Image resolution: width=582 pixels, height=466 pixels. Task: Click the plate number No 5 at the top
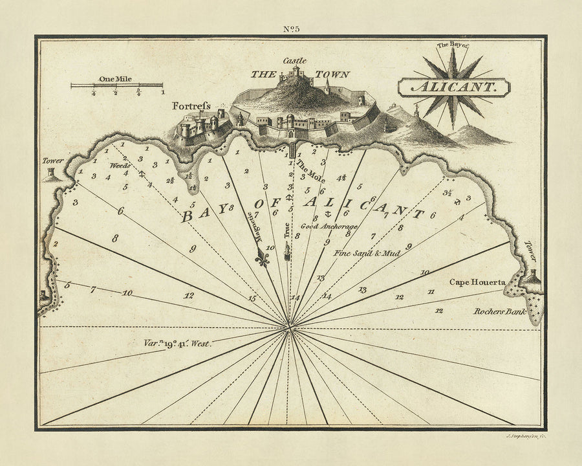pyautogui.click(x=291, y=28)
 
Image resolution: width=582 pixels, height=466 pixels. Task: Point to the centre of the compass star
pyautogui.click(x=453, y=88)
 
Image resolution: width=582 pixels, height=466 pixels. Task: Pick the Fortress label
pyautogui.click(x=191, y=105)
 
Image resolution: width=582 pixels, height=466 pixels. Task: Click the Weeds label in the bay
pyautogui.click(x=120, y=166)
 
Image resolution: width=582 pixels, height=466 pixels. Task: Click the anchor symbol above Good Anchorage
pyautogui.click(x=327, y=213)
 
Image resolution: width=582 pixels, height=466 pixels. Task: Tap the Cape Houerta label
pyautogui.click(x=477, y=283)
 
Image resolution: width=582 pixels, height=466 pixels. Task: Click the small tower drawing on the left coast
pyautogui.click(x=50, y=173)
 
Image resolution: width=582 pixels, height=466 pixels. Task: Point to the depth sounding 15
pyautogui.click(x=252, y=298)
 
